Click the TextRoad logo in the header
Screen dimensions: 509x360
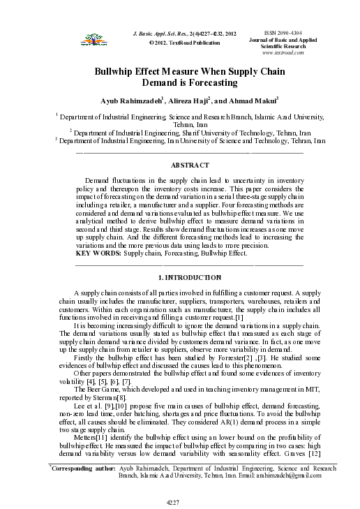pos(88,39)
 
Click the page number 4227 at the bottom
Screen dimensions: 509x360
pos(179,501)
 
